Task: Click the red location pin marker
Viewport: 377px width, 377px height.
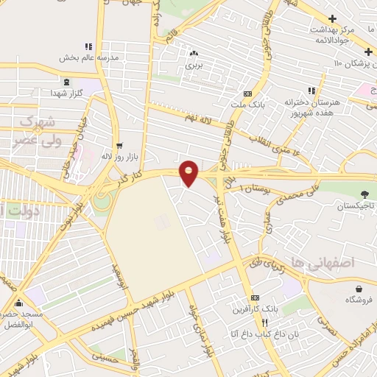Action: coord(189,172)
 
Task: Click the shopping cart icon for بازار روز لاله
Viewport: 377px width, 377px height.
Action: coord(119,146)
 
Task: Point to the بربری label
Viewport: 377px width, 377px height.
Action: coord(194,66)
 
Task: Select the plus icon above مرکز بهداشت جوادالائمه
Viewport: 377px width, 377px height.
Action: coord(333,18)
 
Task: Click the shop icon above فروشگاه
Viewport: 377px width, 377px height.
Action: coord(359,289)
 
